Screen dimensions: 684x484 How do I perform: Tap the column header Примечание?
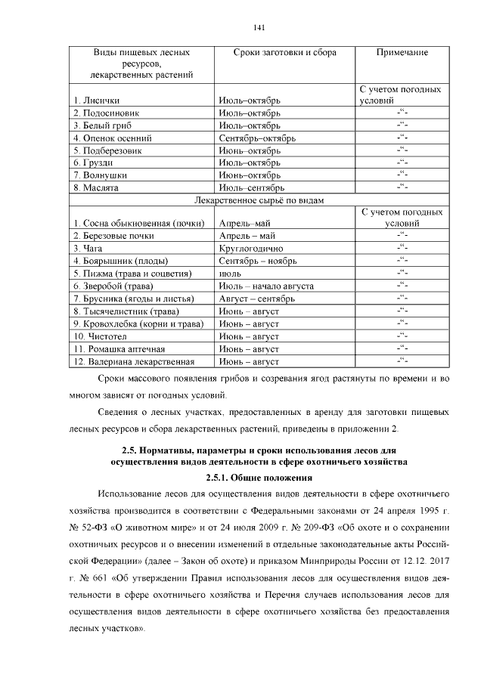(x=402, y=53)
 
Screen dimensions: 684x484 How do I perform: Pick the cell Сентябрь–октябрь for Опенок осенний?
(x=256, y=138)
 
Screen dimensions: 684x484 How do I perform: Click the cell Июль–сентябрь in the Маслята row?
(x=250, y=187)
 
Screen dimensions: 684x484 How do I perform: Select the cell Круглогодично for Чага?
(x=250, y=248)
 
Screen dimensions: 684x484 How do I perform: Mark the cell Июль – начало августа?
(x=265, y=286)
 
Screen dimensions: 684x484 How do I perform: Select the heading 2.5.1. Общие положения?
(x=259, y=478)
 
